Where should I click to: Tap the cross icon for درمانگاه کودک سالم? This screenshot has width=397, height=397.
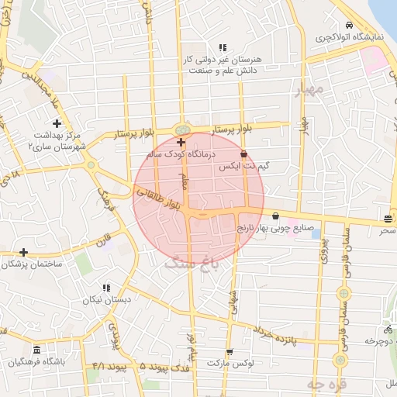[x=181, y=142]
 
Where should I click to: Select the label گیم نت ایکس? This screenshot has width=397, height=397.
[x=234, y=166]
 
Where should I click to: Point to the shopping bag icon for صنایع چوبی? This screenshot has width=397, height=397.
[x=277, y=216]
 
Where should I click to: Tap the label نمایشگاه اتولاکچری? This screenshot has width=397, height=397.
[x=345, y=36]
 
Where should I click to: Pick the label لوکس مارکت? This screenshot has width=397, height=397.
[x=229, y=362]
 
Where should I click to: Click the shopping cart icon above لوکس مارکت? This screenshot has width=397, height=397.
[x=228, y=350]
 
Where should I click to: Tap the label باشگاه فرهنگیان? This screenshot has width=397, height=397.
[x=37, y=362]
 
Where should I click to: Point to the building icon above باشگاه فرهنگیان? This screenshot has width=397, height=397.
[x=37, y=350]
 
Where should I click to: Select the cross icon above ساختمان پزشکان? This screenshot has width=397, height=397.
[x=24, y=252]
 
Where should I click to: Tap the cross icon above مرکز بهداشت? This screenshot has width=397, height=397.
[x=57, y=123]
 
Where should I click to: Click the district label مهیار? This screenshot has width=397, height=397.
[x=309, y=91]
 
